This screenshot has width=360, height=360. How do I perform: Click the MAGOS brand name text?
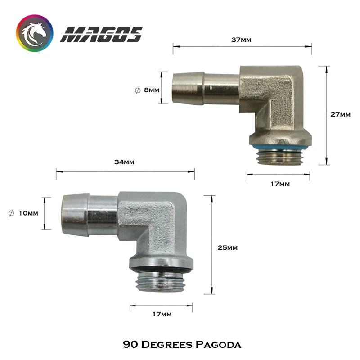click(101, 34)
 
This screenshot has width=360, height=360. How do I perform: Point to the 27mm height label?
click(340, 114)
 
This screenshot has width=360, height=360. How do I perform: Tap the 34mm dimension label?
click(125, 162)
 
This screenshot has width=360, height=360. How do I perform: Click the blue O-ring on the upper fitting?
click(278, 147)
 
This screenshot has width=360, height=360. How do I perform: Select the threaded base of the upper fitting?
click(278, 157)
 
